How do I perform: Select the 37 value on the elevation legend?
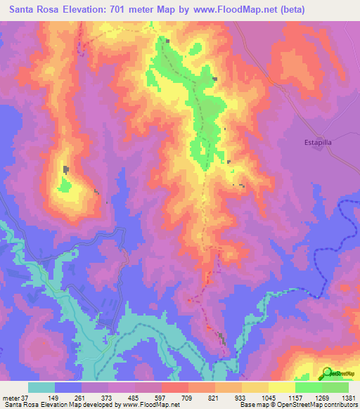(23, 398)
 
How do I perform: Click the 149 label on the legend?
(61, 398)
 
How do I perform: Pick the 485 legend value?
(141, 398)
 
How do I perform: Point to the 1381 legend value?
(348, 398)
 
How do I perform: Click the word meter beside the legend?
(10, 398)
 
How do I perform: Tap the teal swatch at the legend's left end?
(41, 387)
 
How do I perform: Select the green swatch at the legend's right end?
(335, 387)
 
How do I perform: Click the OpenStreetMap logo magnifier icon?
(326, 372)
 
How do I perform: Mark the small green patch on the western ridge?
(65, 185)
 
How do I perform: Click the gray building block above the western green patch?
(66, 169)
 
